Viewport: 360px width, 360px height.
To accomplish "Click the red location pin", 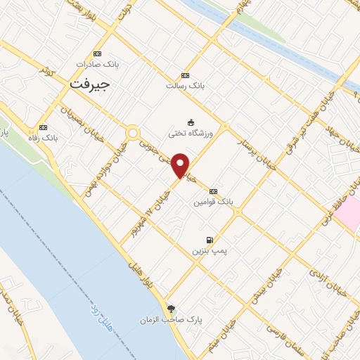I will point(181,165).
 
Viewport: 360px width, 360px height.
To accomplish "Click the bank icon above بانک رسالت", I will point(185,75).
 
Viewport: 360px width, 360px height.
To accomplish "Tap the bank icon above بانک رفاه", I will point(44,127).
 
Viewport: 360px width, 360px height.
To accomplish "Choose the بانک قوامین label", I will point(214,201).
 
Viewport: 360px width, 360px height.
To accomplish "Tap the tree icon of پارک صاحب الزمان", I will point(171,309).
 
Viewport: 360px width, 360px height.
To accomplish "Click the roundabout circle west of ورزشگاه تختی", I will point(133,131).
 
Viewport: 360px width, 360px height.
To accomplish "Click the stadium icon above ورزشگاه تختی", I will point(191,122).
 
